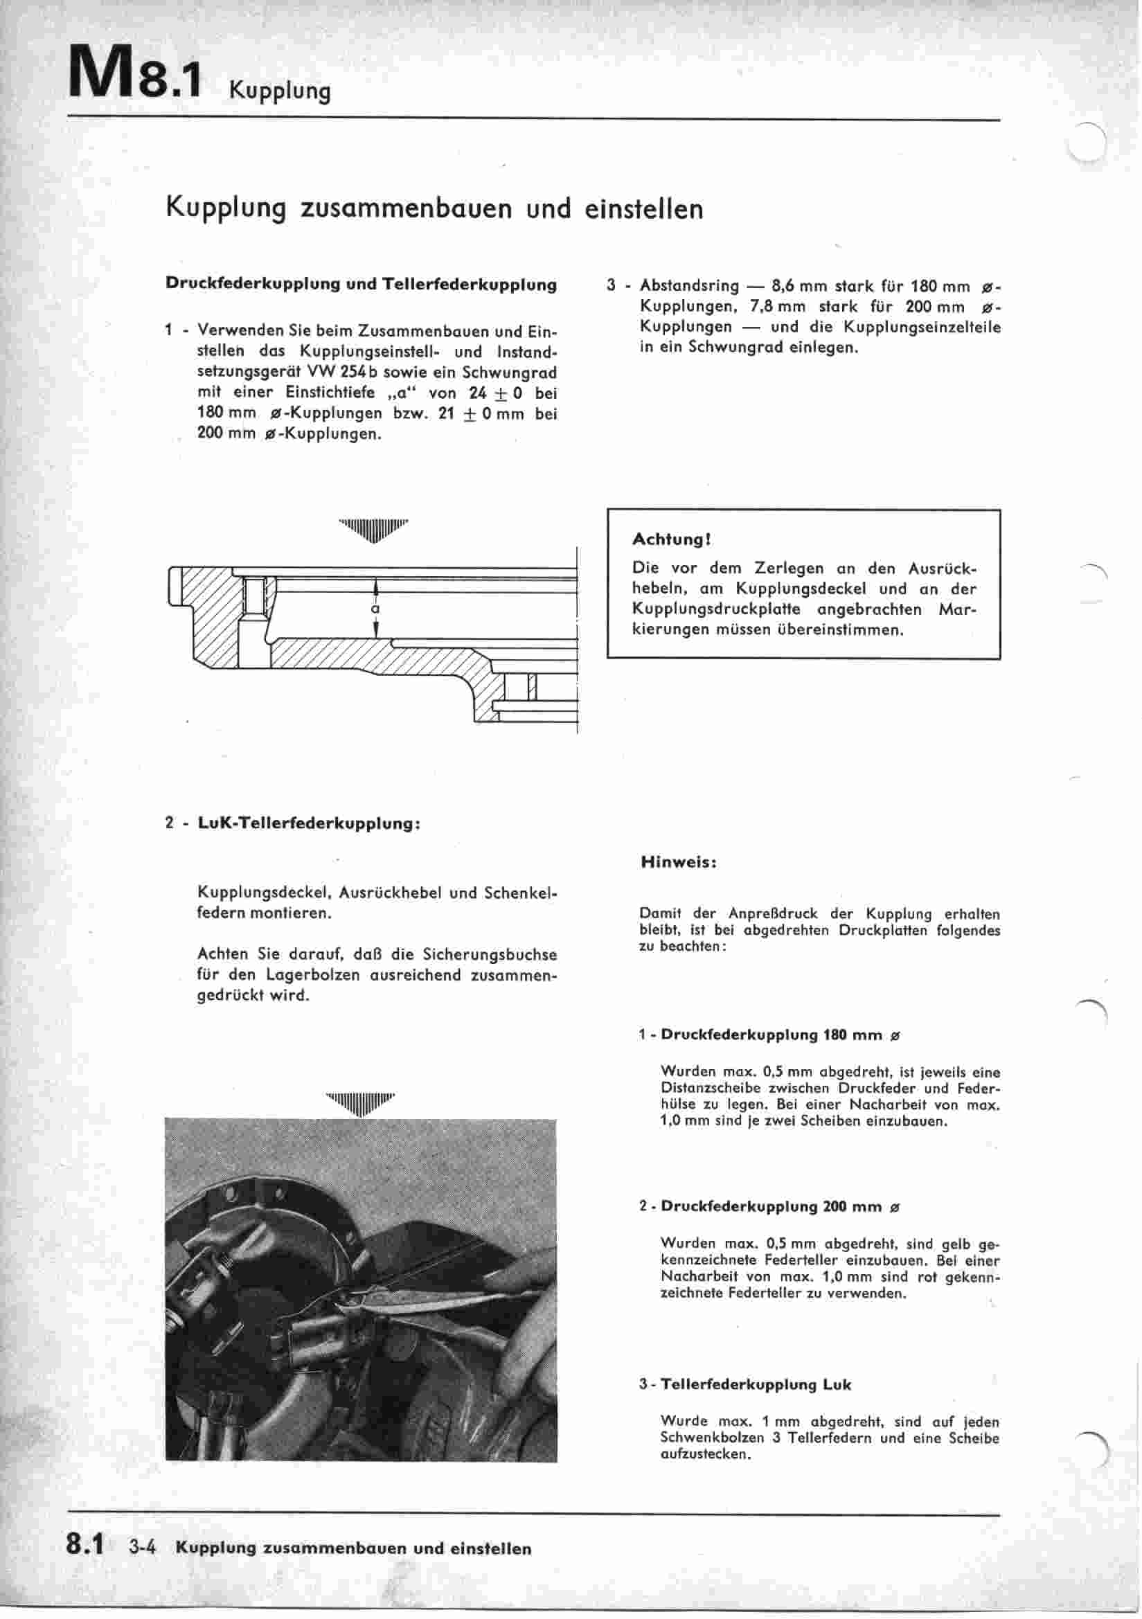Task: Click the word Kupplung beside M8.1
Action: tap(279, 92)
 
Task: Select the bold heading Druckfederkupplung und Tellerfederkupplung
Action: tap(360, 285)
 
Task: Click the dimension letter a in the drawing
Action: tap(376, 609)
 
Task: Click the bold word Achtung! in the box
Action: tap(671, 539)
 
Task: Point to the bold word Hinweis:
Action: tap(679, 861)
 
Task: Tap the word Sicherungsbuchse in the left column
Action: tap(490, 955)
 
